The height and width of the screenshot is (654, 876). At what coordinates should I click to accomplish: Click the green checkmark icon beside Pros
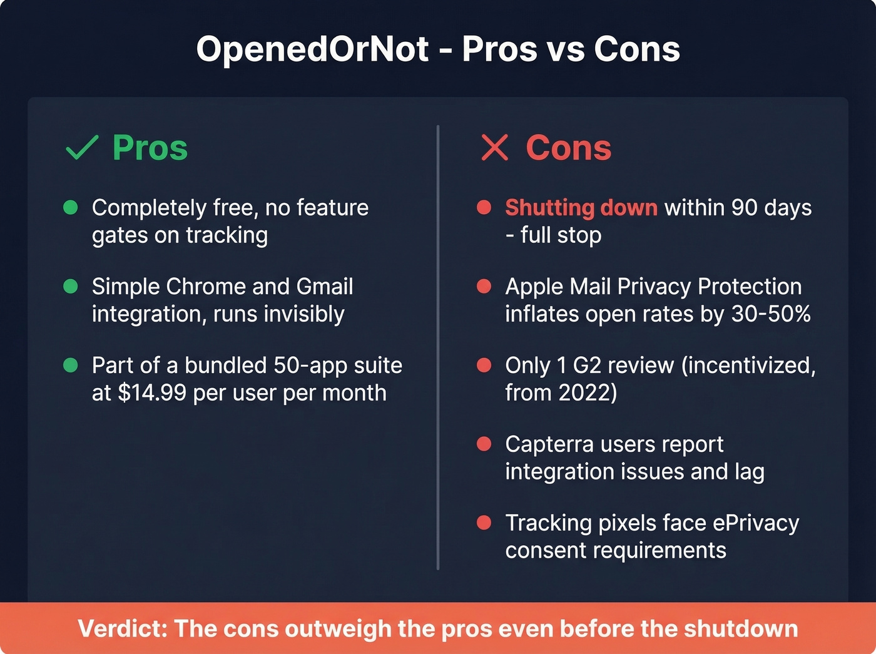click(82, 148)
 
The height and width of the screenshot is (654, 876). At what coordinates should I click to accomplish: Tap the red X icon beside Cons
click(494, 148)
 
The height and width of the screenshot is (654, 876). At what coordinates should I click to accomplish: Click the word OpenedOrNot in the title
click(312, 49)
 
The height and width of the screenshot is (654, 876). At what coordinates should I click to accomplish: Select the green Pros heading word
click(150, 148)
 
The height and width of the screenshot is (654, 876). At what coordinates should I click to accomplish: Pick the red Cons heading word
click(568, 148)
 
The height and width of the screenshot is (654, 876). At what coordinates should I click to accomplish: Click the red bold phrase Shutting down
click(581, 207)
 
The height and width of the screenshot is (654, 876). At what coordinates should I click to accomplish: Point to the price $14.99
click(152, 393)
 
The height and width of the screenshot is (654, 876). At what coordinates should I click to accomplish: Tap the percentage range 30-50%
click(771, 314)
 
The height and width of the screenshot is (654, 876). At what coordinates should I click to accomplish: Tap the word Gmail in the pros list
click(324, 287)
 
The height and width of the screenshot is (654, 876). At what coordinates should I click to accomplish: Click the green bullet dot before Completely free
click(71, 207)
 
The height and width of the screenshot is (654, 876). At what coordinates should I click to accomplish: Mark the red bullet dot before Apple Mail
click(484, 287)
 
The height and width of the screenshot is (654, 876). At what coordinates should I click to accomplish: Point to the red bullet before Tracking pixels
click(484, 523)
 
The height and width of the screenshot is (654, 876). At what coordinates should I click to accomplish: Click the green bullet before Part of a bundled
click(71, 365)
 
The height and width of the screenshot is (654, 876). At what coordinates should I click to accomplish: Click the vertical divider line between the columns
click(438, 347)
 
